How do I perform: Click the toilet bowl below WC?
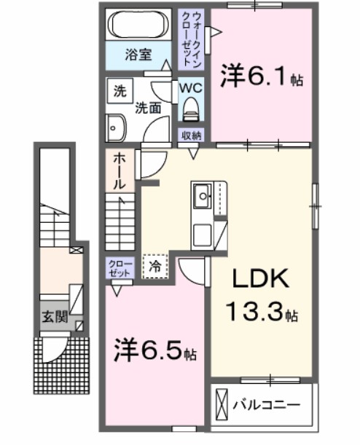coord(192,110)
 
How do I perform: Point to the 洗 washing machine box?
coord(117,92)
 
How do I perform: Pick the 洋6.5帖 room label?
coord(154,352)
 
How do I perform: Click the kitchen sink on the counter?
coord(202,194)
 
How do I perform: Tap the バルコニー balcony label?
coord(267,403)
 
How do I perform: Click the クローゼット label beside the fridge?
coord(117,267)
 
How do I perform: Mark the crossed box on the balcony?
coord(222,403)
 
